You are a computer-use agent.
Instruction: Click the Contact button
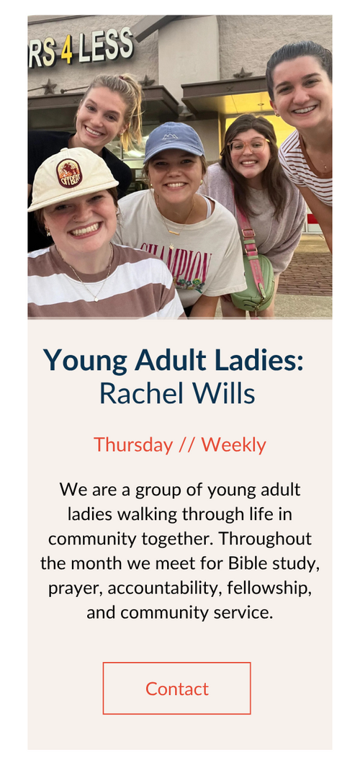(x=177, y=688)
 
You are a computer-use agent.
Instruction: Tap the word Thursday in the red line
(x=133, y=445)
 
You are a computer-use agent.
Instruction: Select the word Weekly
(x=233, y=445)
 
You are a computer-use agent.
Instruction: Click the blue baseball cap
(x=174, y=141)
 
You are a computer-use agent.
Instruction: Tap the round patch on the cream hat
(x=69, y=173)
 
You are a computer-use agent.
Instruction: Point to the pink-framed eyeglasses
(x=249, y=145)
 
